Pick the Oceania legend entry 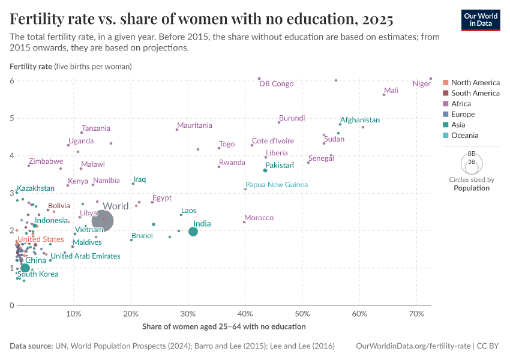point(464,136)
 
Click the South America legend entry point(475,93)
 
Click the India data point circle point(193,232)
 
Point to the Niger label point(422,84)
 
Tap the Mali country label point(391,91)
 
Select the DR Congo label point(276,84)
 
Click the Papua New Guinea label point(277,185)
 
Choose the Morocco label point(259,218)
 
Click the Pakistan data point point(265,170)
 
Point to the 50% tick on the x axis point(302,314)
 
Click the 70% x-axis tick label point(416,314)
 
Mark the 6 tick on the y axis point(11,80)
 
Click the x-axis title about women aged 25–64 point(224,327)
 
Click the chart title point(202,20)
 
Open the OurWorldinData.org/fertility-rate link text point(413,346)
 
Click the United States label point(40,239)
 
